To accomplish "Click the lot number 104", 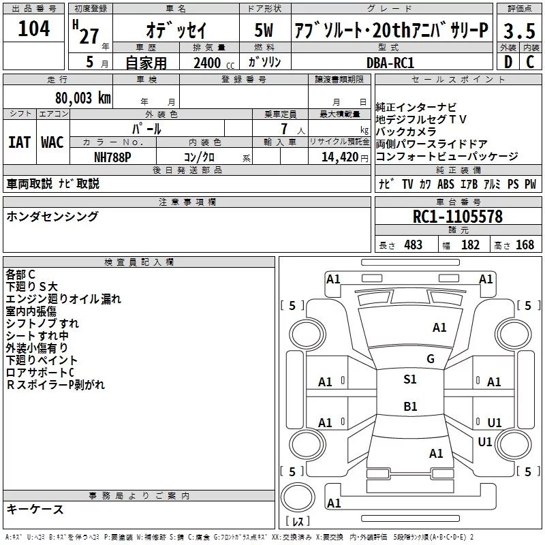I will (34, 29).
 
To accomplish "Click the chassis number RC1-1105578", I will (458, 217).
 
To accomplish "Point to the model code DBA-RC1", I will (390, 62).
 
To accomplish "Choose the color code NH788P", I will (112, 156).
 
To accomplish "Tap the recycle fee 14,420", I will (339, 156).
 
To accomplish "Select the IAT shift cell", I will (19, 142).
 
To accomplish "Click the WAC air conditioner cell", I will (52, 142).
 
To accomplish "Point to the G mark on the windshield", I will (430, 359).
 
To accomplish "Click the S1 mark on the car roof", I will (410, 379).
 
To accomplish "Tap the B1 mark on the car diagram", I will (410, 407).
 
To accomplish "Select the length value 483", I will (413, 245).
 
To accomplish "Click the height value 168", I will (525, 245).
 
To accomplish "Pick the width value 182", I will (470, 245).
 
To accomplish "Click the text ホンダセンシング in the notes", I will (52, 217).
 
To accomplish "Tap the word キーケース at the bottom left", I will (35, 509).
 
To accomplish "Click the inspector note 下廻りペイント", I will (42, 360).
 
